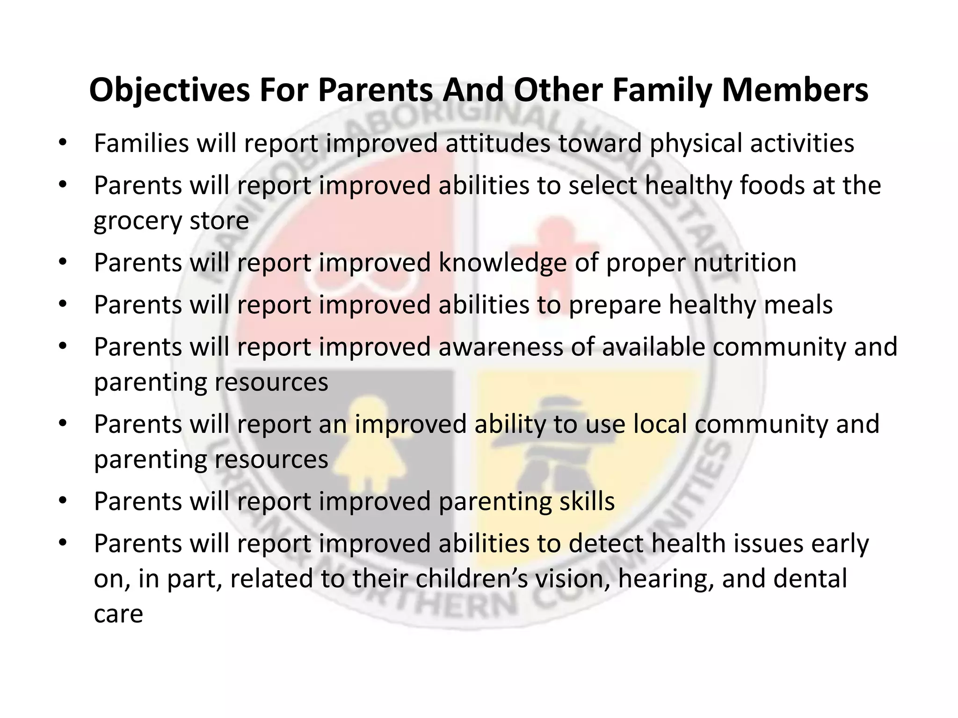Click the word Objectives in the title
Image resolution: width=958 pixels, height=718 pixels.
click(x=170, y=90)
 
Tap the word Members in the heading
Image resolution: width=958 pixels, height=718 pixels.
click(x=795, y=90)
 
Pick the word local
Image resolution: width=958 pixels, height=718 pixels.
click(x=660, y=424)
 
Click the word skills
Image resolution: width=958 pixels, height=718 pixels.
click(x=587, y=501)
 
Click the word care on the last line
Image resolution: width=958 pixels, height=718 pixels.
click(x=118, y=614)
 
